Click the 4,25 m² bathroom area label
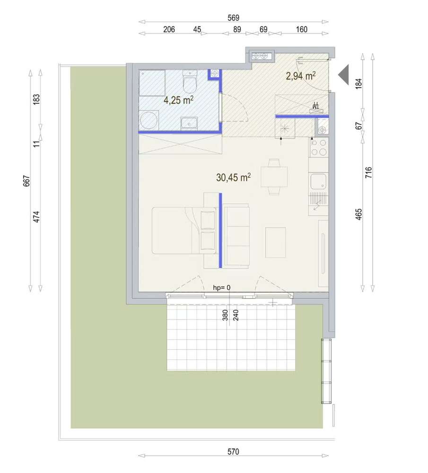[x=178, y=100]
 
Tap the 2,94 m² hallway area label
[x=301, y=76]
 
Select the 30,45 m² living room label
[x=233, y=177]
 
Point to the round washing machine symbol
[x=149, y=120]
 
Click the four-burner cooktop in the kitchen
[x=318, y=147]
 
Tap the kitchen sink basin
[x=318, y=181]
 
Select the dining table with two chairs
[x=274, y=177]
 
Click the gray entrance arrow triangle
[x=343, y=75]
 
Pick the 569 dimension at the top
[x=233, y=18]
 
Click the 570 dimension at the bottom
[x=233, y=452]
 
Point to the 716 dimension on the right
[x=368, y=173]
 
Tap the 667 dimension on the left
[x=26, y=181]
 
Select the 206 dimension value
[x=169, y=29]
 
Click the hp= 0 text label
[x=222, y=288]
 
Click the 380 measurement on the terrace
[x=225, y=315]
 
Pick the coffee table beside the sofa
[x=275, y=243]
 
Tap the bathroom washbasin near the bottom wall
[x=189, y=123]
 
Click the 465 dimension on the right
[x=358, y=214]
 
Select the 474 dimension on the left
[x=36, y=217]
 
